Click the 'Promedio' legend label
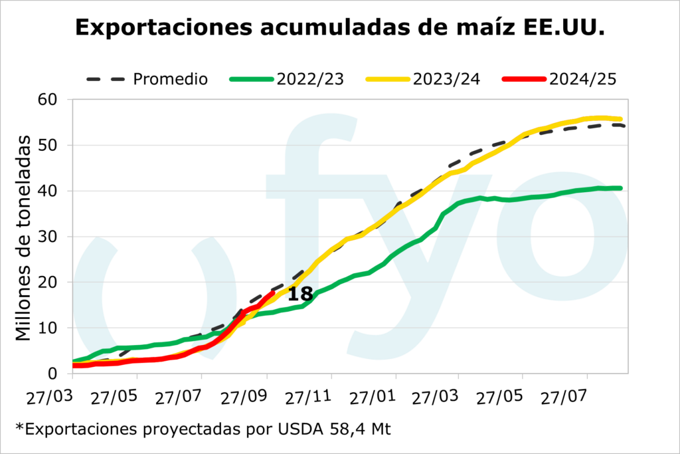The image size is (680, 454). point(171,79)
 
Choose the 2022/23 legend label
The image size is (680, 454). point(310,79)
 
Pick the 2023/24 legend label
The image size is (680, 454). point(446,79)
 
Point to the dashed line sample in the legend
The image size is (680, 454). point(106,79)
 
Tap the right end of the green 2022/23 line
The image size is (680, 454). point(620,188)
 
